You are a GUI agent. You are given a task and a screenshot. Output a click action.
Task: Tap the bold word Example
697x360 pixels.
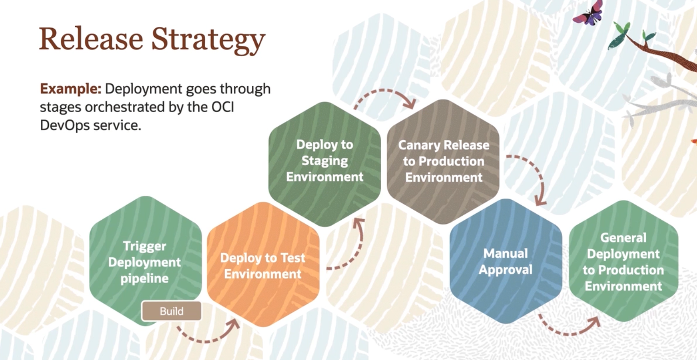70,89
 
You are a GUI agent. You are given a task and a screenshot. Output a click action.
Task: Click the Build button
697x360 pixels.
172,311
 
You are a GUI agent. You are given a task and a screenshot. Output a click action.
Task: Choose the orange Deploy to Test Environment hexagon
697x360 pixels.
263,266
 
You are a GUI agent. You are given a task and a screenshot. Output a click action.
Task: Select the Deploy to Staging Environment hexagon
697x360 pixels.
324,161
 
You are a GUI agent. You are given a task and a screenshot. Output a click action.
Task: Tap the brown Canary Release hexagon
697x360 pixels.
443,161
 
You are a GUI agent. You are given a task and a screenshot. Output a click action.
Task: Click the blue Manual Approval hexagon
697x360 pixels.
506,262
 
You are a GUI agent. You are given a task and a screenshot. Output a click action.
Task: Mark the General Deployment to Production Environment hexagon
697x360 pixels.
623,262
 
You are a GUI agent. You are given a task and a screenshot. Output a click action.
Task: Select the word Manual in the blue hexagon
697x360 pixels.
506,253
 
